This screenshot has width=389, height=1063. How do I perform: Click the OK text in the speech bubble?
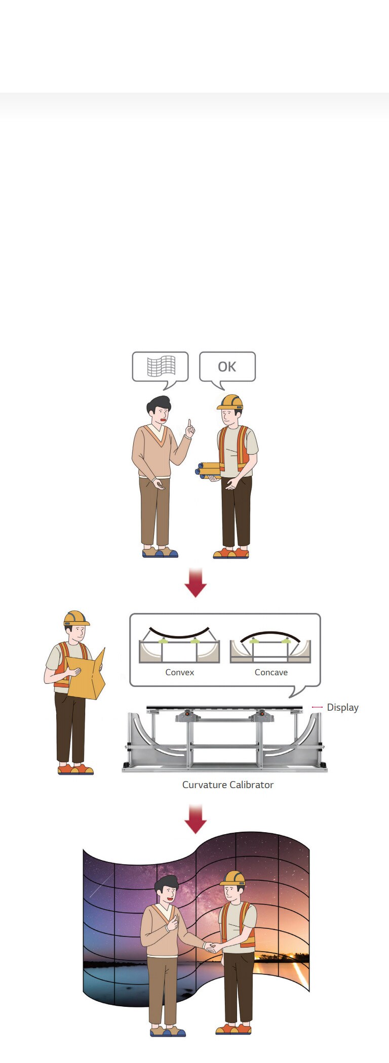pyautogui.click(x=227, y=366)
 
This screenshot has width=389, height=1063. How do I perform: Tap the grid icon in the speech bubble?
pyautogui.click(x=161, y=366)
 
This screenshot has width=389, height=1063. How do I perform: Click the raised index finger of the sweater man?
pyautogui.click(x=189, y=424)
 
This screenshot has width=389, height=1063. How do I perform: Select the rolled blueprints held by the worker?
pyautogui.click(x=208, y=470)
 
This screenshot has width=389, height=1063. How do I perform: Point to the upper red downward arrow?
pyautogui.click(x=195, y=583)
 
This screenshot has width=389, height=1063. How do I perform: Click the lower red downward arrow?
pyautogui.click(x=195, y=819)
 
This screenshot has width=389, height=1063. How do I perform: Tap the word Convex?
pyautogui.click(x=180, y=672)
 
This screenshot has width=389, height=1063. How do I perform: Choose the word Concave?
pyautogui.click(x=271, y=672)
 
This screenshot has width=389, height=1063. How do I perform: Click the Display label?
pyautogui.click(x=342, y=707)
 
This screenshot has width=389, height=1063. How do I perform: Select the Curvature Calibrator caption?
pyautogui.click(x=228, y=785)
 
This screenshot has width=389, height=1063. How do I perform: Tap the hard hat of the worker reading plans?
pyautogui.click(x=76, y=618)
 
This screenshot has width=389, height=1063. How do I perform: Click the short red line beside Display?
pyautogui.click(x=317, y=707)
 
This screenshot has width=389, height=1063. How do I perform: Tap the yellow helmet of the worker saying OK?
pyautogui.click(x=230, y=402)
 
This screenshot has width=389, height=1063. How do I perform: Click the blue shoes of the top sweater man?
pyautogui.click(x=160, y=553)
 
